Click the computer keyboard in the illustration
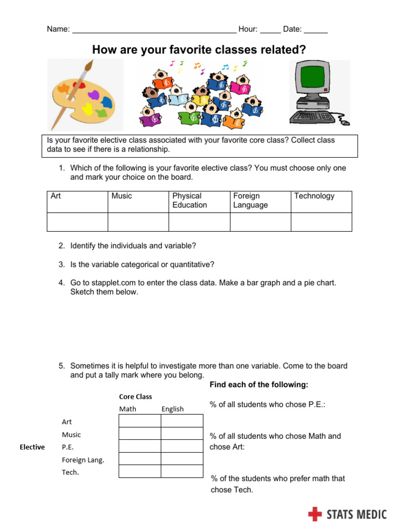pyautogui.click(x=314, y=117)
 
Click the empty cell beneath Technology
pyautogui.click(x=321, y=222)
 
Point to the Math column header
pyautogui.click(x=127, y=409)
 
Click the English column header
pyautogui.click(x=173, y=409)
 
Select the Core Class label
pyautogui.click(x=135, y=396)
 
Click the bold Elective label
pyautogui.click(x=32, y=447)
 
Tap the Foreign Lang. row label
pyautogui.click(x=83, y=459)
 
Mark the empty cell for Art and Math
pyautogui.click(x=140, y=421)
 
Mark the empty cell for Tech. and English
pyautogui.click(x=182, y=471)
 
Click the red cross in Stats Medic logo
pyautogui.click(x=315, y=514)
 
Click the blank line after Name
pyautogui.click(x=154, y=30)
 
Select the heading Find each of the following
pyautogui.click(x=259, y=385)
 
